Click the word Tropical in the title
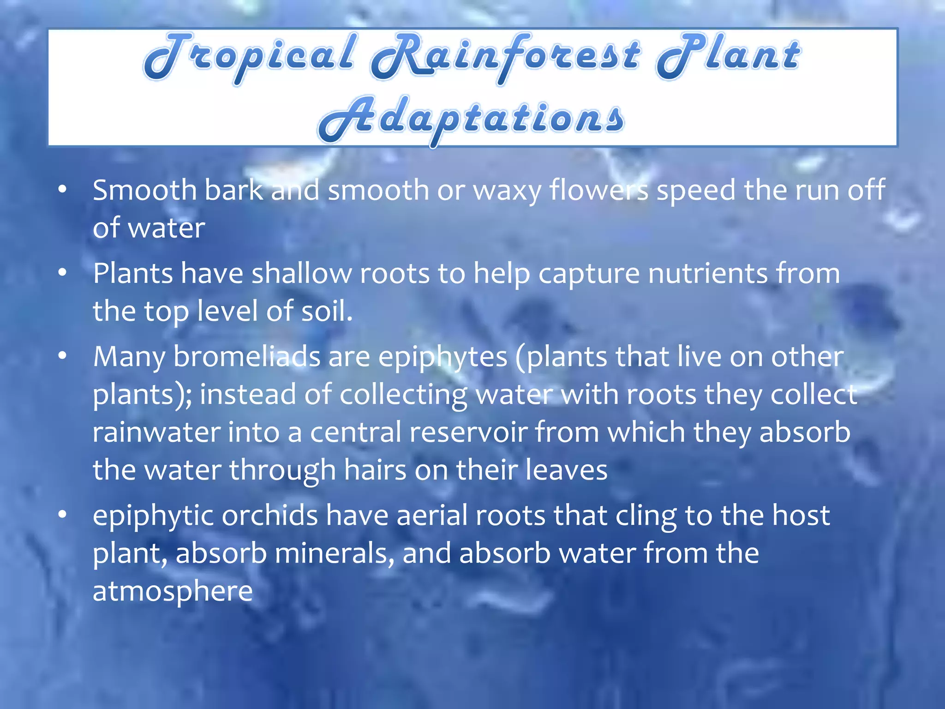tap(249, 58)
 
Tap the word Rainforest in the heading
tap(505, 58)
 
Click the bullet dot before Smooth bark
tap(63, 189)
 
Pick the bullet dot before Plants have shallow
tap(63, 273)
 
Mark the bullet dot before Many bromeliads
tap(63, 356)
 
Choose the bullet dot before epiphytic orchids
tap(63, 514)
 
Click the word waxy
tap(507, 191)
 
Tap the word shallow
tap(301, 273)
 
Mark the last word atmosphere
tap(173, 591)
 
